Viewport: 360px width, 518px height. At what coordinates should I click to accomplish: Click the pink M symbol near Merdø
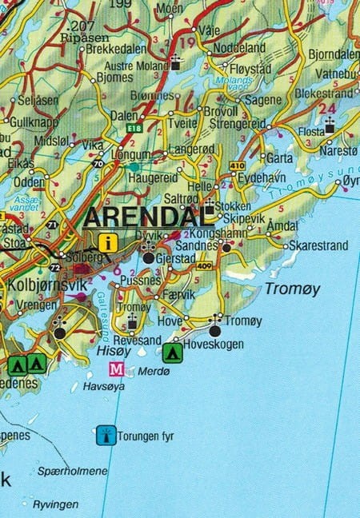(x=117, y=369)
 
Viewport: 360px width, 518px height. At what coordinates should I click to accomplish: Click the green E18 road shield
(x=132, y=127)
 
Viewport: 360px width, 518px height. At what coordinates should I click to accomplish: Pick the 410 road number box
(x=237, y=166)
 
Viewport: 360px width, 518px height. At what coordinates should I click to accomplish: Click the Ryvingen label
(x=55, y=504)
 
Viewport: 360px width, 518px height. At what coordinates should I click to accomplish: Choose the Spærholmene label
(x=72, y=472)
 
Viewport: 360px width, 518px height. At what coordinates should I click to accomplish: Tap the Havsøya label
(x=104, y=386)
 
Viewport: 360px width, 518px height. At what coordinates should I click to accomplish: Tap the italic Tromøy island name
(x=292, y=289)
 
